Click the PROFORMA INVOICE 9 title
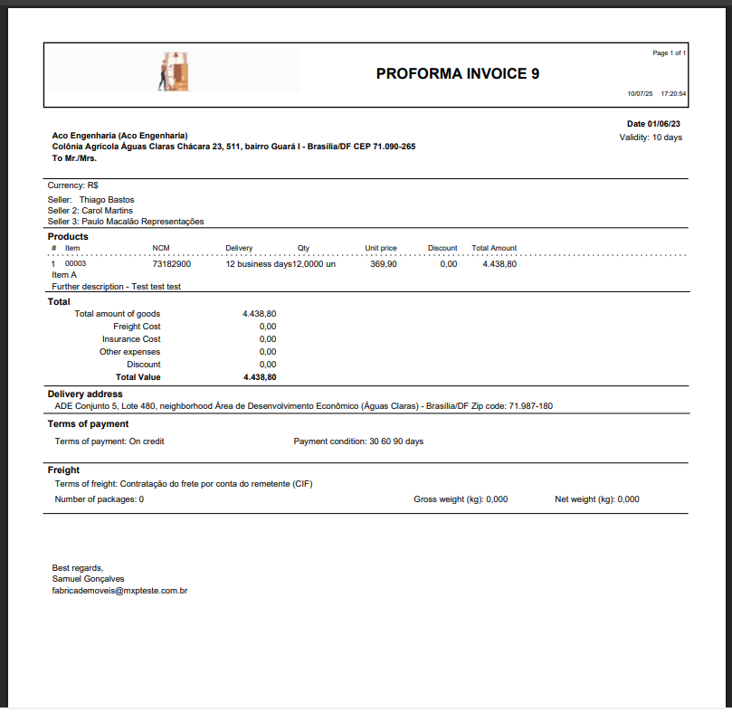tap(457, 73)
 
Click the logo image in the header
tap(176, 71)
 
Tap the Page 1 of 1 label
tap(669, 53)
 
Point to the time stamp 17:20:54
tap(673, 93)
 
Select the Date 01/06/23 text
tap(653, 124)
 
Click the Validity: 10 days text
tap(651, 138)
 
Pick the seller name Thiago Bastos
tap(107, 200)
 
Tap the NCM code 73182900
tap(171, 264)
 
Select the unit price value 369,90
tap(384, 264)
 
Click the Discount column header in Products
tap(442, 248)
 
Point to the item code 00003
tap(75, 264)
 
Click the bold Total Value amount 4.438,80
tap(260, 377)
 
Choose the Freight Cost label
tap(137, 327)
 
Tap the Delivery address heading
tap(85, 394)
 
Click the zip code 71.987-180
tap(530, 406)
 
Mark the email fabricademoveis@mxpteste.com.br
tap(119, 591)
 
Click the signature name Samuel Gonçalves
tap(89, 579)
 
